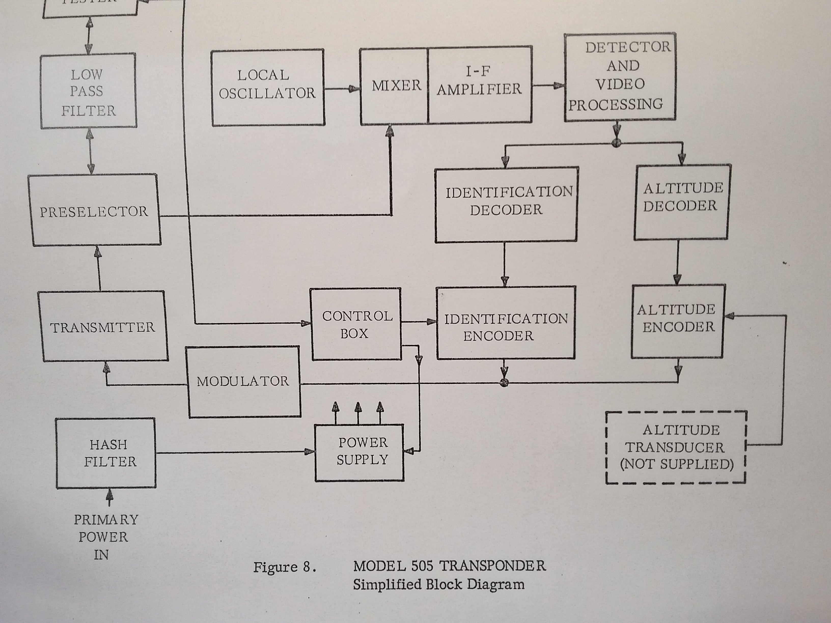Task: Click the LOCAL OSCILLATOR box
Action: [x=268, y=88]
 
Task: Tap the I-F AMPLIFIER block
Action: [x=479, y=85]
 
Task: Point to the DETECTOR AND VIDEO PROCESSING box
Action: [x=620, y=77]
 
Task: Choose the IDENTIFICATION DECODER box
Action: [x=506, y=204]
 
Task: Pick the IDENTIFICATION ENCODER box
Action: [x=506, y=323]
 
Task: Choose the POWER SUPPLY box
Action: [x=359, y=452]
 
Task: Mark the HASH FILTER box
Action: [x=106, y=453]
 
